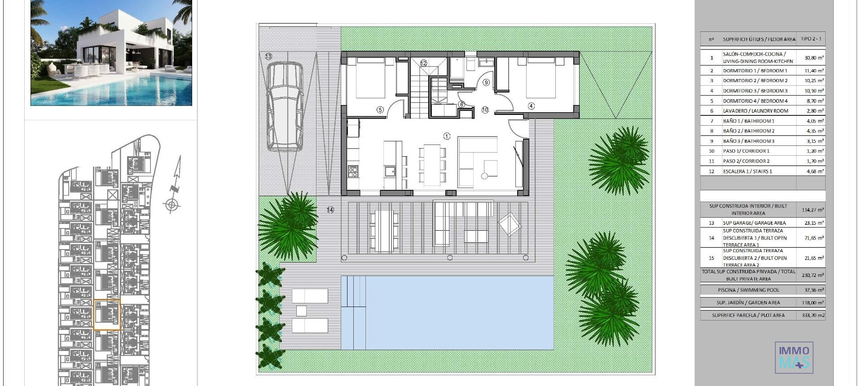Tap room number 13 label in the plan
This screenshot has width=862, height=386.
pos(268,57)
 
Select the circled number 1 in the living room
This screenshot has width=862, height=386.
pos(447,136)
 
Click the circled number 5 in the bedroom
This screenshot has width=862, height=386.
pos(380,110)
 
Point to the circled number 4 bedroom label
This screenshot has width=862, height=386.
pos(531,106)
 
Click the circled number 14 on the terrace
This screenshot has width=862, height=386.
pos(330,210)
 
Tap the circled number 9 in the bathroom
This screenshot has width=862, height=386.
pos(486,82)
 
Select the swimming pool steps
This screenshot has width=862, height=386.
pos(354,292)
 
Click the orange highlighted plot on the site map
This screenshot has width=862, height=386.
pos(107,315)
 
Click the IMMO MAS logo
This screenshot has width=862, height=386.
pos(794,358)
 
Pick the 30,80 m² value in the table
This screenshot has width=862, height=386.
pos(814,58)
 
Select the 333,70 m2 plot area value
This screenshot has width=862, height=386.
pos(813,315)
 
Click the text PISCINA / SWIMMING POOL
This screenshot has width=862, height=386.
pos(748,290)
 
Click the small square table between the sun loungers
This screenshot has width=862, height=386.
pos(301,311)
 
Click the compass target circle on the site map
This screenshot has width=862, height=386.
pos(171,205)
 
